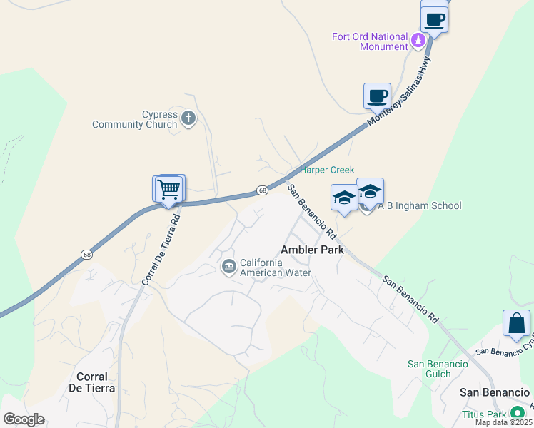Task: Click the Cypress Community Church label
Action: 134,119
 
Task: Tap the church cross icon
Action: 188,118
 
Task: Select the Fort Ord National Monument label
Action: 370,41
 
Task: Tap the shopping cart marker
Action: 170,190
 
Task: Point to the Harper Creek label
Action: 327,170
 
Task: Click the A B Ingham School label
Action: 420,205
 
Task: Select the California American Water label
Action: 276,267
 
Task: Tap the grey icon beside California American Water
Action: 228,267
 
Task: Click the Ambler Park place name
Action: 312,250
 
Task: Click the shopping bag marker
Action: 516,322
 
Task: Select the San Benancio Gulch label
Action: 438,369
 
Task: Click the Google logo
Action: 24,419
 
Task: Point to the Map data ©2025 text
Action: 504,422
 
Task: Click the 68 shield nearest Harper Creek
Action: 263,190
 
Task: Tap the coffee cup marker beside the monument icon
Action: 434,19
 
